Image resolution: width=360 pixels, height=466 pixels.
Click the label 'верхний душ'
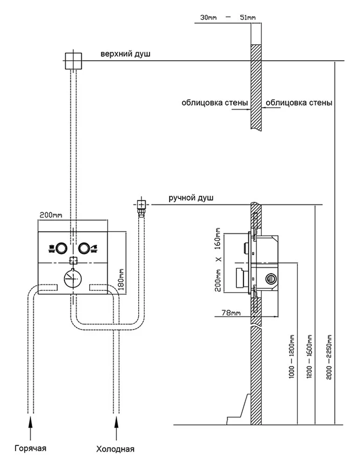(x=125, y=54)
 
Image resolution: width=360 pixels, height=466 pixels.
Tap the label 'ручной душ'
(x=191, y=198)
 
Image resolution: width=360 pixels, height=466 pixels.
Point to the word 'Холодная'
(x=115, y=450)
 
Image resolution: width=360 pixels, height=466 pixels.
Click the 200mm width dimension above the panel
(x=50, y=215)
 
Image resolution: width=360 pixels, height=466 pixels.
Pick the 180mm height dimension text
(x=121, y=279)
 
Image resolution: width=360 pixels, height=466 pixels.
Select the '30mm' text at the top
(x=208, y=18)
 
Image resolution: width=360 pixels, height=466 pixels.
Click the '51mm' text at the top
(x=248, y=18)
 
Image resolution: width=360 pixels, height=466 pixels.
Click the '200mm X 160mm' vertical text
(x=218, y=259)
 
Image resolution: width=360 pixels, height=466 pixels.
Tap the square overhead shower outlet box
(x=73, y=61)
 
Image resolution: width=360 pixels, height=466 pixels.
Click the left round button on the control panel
(x=60, y=248)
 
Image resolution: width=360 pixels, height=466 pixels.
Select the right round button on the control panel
(x=85, y=248)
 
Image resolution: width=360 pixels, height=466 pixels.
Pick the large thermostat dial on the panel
(x=72, y=278)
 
